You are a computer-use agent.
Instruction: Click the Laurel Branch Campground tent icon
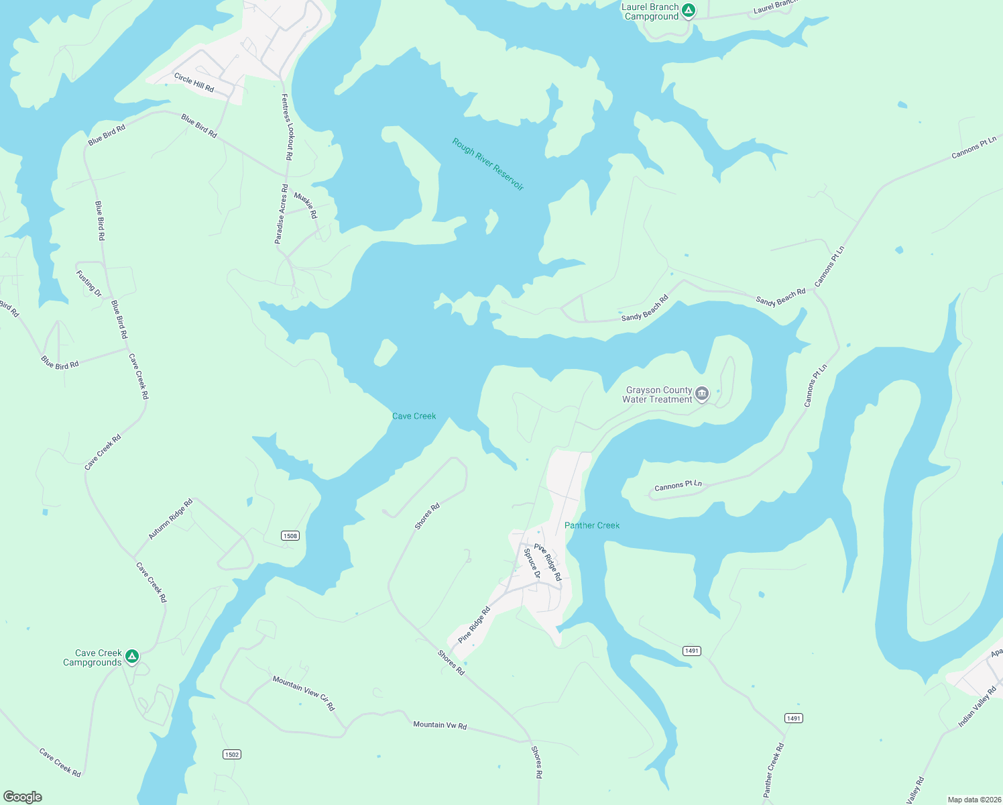689,11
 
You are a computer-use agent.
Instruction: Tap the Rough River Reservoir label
487,164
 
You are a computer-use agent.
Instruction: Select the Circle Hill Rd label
194,83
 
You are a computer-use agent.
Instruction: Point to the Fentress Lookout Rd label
286,127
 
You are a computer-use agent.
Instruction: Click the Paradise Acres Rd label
281,214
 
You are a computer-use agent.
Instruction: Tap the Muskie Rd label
306,206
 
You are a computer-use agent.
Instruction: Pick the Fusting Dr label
88,284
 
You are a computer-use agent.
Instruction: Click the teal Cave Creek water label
414,417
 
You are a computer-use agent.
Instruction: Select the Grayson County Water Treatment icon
702,394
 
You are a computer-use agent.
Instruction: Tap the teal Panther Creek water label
592,525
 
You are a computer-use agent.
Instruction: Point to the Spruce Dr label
532,563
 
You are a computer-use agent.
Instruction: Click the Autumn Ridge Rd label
170,519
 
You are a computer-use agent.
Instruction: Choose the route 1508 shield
290,535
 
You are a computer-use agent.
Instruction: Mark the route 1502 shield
231,755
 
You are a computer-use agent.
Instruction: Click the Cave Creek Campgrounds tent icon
132,656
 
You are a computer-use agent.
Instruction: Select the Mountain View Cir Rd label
304,693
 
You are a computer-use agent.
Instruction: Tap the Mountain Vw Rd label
440,725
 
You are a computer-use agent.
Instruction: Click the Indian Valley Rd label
978,706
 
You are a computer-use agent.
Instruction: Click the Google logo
23,796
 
